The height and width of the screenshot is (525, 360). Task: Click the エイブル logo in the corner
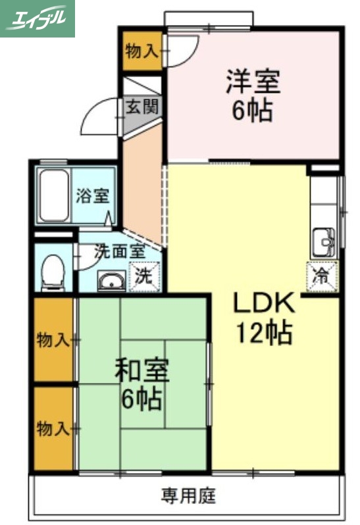(x=38, y=18)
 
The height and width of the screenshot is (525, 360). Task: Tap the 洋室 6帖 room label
(x=253, y=96)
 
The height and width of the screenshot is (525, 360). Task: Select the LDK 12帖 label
(x=263, y=318)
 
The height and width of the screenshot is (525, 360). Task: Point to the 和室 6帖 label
(x=141, y=384)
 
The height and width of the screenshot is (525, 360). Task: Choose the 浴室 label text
(x=92, y=195)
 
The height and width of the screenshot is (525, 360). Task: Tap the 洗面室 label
(x=118, y=251)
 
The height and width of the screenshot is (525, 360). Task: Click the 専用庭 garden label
(x=189, y=495)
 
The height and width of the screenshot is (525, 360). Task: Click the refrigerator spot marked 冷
(x=322, y=276)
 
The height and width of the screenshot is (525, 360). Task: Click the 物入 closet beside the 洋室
(x=141, y=51)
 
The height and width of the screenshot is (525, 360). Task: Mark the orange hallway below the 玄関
(x=141, y=178)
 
